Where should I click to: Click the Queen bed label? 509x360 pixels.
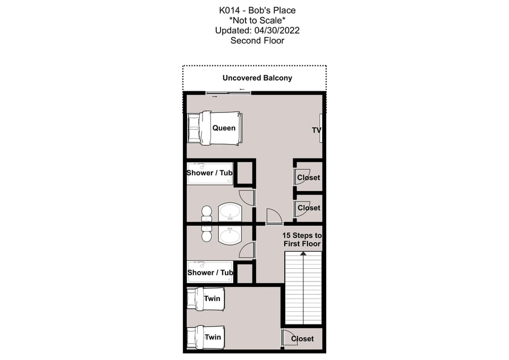pos(224,128)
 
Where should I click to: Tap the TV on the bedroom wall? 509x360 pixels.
pos(320,128)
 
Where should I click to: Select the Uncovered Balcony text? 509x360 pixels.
pos(257,78)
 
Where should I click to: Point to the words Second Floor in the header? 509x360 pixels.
pos(257,40)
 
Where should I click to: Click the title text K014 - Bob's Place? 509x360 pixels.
pos(257,10)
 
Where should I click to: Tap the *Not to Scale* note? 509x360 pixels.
pos(257,20)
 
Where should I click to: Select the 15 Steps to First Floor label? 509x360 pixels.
pos(302,239)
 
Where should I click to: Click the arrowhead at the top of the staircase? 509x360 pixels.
pos(303,254)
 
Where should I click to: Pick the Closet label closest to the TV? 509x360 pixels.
pos(309,178)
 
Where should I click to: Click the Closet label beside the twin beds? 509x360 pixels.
pos(302,338)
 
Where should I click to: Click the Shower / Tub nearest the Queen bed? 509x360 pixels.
pos(210,173)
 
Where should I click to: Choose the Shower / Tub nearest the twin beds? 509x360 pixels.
pos(210,273)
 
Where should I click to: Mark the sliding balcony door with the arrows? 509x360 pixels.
pos(229,93)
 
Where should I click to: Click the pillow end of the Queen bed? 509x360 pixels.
pos(194,128)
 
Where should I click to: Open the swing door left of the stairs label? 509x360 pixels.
pos(274,216)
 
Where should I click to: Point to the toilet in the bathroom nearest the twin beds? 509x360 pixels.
pos(206,234)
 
